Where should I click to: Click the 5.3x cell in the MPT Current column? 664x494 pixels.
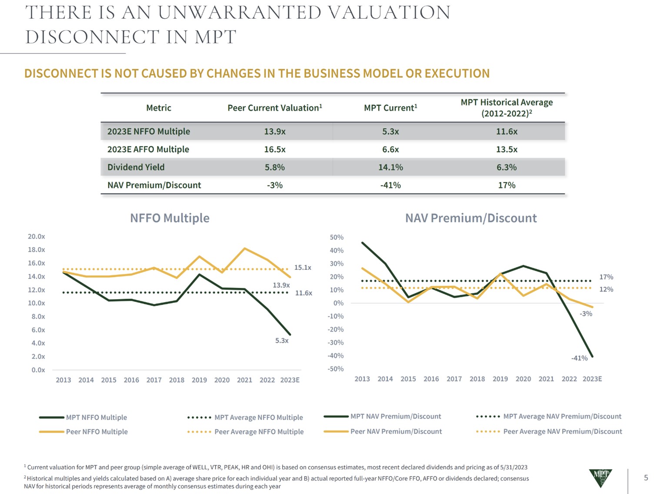click(x=390, y=131)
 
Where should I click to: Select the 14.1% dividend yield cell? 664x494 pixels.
click(x=390, y=167)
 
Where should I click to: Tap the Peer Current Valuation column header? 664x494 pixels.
click(x=274, y=108)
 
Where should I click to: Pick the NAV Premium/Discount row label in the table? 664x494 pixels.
click(x=154, y=185)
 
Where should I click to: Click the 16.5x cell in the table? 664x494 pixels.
click(x=274, y=149)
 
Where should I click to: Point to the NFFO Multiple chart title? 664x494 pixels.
click(x=170, y=218)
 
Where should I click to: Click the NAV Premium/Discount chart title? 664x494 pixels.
click(x=470, y=218)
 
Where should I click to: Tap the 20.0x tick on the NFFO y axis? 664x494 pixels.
click(x=37, y=236)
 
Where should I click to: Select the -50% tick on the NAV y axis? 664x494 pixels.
click(x=336, y=369)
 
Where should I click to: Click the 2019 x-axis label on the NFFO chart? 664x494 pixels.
click(x=199, y=380)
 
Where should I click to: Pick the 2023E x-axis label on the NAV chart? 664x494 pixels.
click(x=592, y=379)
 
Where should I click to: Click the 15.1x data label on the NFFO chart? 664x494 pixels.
click(x=303, y=268)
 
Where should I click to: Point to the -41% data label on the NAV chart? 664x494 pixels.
click(x=579, y=358)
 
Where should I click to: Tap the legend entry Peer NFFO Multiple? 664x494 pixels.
click(x=97, y=431)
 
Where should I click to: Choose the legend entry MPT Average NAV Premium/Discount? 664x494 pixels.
click(x=562, y=416)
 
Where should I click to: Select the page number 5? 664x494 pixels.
click(x=646, y=478)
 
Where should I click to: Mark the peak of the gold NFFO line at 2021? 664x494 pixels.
click(x=245, y=249)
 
